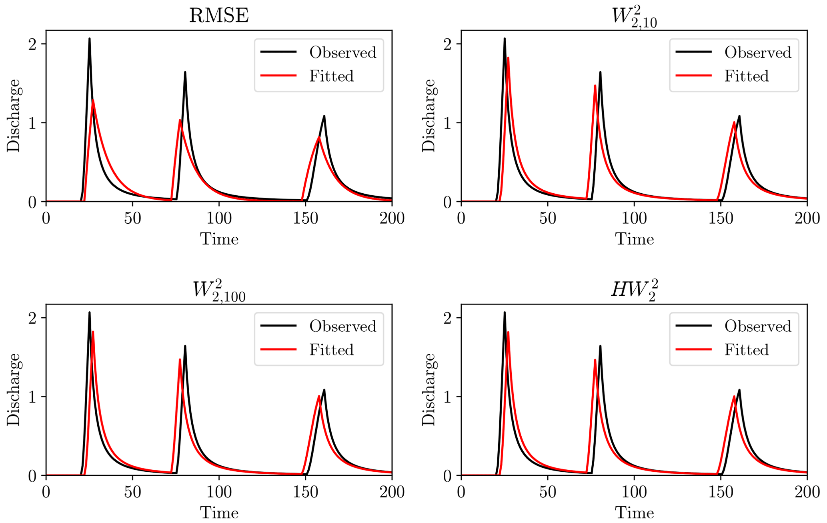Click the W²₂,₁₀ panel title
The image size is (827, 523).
[634, 17]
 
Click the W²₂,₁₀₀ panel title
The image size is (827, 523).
[219, 290]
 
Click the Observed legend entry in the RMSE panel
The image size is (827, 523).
[342, 52]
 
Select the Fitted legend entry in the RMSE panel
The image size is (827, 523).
[331, 76]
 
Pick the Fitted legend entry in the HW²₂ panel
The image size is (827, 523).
[747, 350]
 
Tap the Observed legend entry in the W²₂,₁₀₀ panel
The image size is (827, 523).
[342, 326]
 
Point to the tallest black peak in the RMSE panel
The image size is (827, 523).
[89, 39]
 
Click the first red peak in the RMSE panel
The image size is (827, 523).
[93, 100]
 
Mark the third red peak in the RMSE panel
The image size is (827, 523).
[319, 138]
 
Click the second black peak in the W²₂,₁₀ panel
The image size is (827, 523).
[600, 72]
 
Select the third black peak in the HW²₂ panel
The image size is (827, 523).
[739, 390]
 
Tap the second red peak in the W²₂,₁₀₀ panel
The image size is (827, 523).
[180, 359]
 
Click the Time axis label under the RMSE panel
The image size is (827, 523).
[219, 239]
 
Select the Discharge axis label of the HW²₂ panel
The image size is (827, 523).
[429, 389]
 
